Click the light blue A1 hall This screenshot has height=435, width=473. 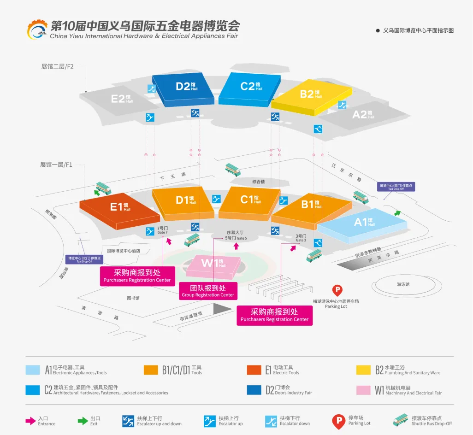(x=362, y=224)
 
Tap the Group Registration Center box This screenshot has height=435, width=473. (x=208, y=291)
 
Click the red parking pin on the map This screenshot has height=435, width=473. (x=337, y=291)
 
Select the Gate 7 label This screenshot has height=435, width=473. (x=163, y=230)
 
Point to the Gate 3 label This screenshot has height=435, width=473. (x=301, y=238)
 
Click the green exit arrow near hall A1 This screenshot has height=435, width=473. (x=397, y=213)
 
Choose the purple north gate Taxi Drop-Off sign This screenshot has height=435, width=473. (x=85, y=259)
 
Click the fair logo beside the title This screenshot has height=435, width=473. (x=37, y=29)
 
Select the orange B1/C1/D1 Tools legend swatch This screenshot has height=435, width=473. (x=151, y=370)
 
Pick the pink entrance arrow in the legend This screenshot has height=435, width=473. (x=30, y=421)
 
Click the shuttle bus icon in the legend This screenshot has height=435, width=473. (x=402, y=420)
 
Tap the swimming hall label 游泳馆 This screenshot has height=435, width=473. (x=403, y=284)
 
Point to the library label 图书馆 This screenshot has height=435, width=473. (x=133, y=298)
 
